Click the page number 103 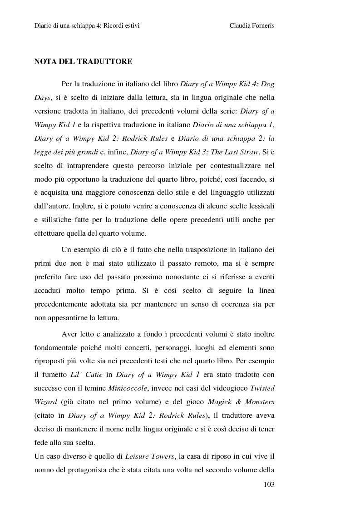(269, 484)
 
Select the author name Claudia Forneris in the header (252, 26)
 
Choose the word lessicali (259, 206)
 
